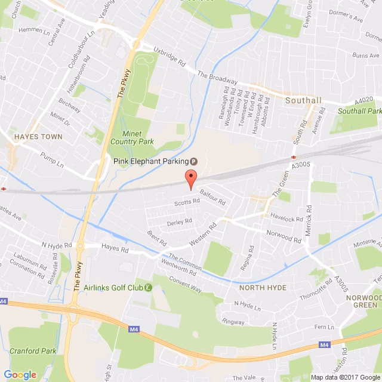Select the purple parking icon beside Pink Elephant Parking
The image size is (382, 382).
pyautogui.click(x=193, y=161)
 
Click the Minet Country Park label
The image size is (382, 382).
pyautogui.click(x=133, y=137)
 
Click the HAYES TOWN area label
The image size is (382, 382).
pyautogui.click(x=37, y=136)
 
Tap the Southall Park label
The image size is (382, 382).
pyautogui.click(x=359, y=111)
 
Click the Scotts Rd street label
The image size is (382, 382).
pyautogui.click(x=186, y=202)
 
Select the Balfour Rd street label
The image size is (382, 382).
pyautogui.click(x=212, y=197)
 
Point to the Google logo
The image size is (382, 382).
pyautogui.click(x=20, y=374)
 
